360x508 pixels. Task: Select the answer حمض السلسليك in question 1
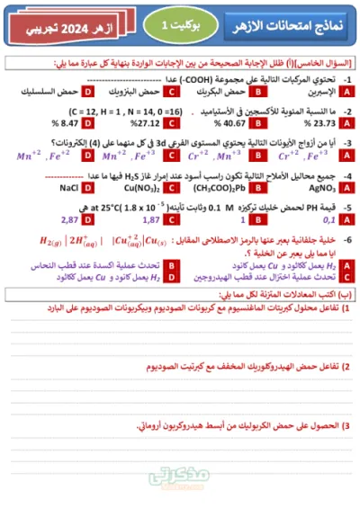[x=49, y=92]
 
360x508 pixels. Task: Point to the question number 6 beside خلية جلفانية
[x=347, y=238]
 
